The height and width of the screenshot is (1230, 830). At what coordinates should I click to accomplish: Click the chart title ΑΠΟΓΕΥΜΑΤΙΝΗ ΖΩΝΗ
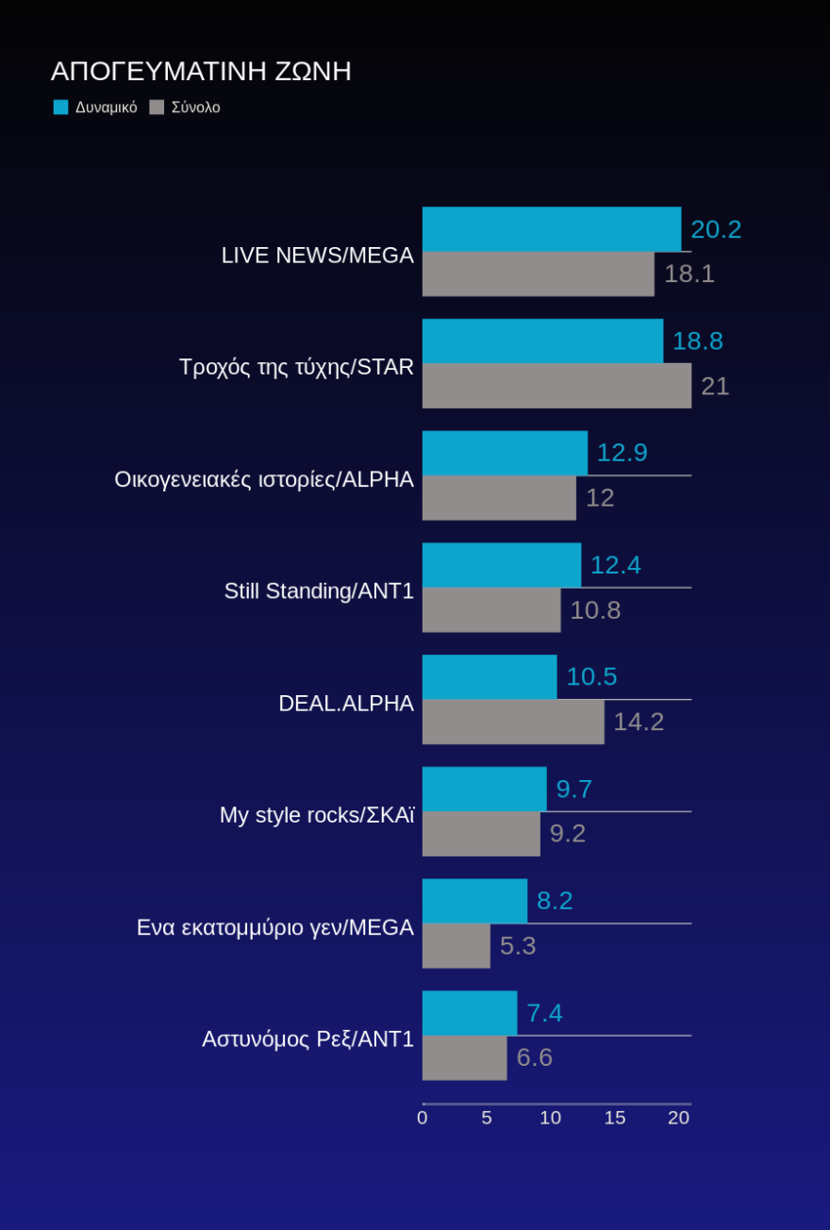click(201, 72)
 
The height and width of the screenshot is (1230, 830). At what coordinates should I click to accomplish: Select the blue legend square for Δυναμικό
click(61, 108)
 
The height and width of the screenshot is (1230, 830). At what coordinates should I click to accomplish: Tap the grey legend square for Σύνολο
click(157, 108)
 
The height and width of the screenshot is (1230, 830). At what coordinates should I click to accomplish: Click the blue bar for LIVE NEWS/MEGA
click(552, 229)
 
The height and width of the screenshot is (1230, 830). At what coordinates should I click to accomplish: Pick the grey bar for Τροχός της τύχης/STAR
click(556, 386)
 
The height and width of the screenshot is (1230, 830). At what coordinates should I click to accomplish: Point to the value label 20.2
click(716, 229)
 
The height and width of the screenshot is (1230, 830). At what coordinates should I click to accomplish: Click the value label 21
click(715, 386)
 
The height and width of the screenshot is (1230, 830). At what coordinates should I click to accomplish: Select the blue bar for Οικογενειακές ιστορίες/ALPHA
click(505, 453)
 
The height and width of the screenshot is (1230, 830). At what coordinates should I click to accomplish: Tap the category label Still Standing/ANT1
click(319, 591)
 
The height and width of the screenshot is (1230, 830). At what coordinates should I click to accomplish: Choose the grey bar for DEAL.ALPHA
click(513, 722)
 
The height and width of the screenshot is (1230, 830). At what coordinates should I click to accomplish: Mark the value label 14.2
click(639, 722)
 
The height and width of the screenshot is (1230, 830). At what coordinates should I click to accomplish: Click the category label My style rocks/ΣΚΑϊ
click(317, 815)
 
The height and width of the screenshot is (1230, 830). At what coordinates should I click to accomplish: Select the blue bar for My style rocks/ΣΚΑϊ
click(484, 789)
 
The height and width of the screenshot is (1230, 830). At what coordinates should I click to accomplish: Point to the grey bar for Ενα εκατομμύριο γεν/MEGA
click(456, 946)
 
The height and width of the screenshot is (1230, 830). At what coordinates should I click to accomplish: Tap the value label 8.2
click(555, 901)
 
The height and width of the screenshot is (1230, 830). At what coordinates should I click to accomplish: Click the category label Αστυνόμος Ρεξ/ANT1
click(307, 1039)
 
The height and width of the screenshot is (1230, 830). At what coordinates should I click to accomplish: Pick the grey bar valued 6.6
click(464, 1057)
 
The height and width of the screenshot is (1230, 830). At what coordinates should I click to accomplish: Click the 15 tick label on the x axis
click(615, 1118)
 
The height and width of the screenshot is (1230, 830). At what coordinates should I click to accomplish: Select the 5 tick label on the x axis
click(487, 1118)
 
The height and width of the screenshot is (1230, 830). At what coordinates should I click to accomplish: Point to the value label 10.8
click(595, 610)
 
